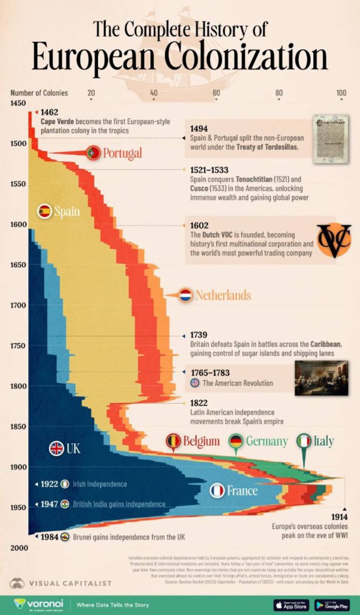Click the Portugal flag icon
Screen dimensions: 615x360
coord(93,152)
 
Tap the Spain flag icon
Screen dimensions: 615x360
coord(45,211)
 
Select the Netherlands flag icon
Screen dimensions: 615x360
coord(185,295)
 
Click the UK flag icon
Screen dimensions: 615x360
coord(56,448)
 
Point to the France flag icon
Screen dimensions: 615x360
coord(217,491)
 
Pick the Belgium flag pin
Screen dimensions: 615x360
coord(174,441)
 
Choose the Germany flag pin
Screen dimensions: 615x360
coord(236,441)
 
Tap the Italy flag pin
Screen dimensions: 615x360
coord(305,441)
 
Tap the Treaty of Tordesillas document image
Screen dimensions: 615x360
coord(331,139)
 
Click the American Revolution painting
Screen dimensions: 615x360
coord(322,378)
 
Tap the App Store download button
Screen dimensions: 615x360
coord(290,605)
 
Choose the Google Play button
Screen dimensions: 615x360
coord(332,605)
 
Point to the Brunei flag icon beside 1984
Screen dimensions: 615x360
coord(65,537)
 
